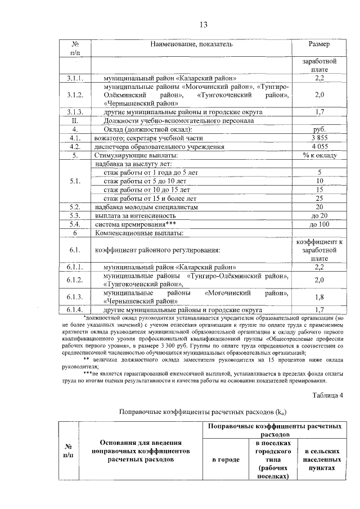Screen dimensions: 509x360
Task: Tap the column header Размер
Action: coord(319,44)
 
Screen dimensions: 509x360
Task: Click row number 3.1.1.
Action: coord(75,78)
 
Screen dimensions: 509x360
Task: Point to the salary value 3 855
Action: coord(319,138)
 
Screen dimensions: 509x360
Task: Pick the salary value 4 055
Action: coord(319,146)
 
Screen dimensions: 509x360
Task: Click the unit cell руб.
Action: coord(319,129)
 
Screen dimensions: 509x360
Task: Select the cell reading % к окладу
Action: coord(319,155)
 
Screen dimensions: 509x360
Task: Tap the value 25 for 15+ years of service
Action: coord(319,198)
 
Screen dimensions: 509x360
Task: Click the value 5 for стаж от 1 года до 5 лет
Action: coord(319,172)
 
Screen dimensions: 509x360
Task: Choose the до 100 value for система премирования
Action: coord(319,224)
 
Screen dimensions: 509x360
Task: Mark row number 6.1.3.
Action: coord(75,297)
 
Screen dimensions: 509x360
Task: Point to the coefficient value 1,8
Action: coord(319,297)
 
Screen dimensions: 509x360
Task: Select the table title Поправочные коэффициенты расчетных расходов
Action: coord(203,412)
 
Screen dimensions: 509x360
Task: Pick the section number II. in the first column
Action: coord(75,120)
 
